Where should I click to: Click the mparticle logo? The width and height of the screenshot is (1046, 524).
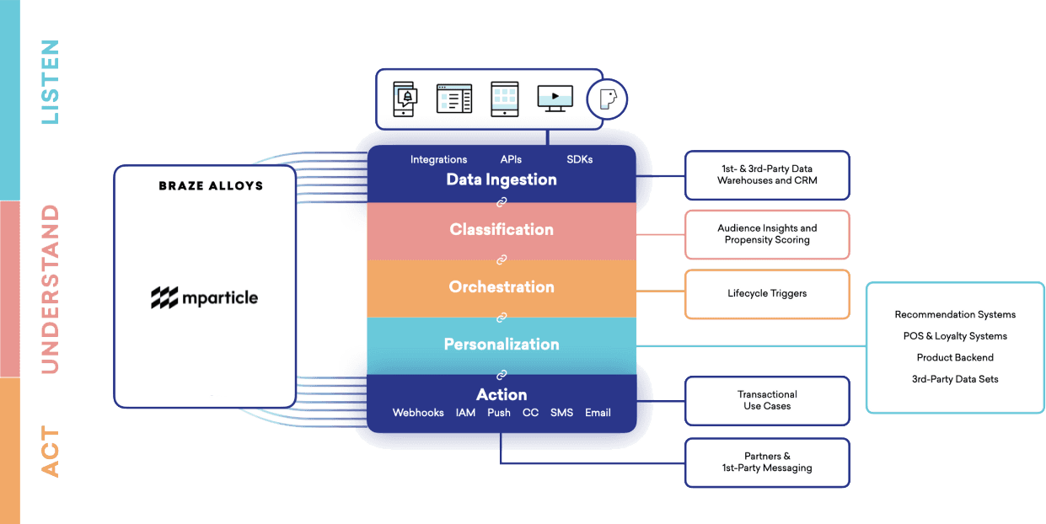(x=205, y=297)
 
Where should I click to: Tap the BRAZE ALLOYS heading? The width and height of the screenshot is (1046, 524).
(x=211, y=185)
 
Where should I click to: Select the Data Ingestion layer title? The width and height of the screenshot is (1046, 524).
(x=502, y=179)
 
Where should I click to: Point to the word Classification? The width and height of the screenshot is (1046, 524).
(x=502, y=229)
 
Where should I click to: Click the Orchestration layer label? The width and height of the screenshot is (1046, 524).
(x=502, y=286)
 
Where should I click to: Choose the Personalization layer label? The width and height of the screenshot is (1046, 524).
(x=502, y=344)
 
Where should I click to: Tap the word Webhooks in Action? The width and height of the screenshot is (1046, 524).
(x=418, y=413)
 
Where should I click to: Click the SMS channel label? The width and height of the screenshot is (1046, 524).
(x=561, y=413)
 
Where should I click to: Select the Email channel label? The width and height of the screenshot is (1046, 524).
(x=598, y=413)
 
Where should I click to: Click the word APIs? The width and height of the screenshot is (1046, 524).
(x=511, y=159)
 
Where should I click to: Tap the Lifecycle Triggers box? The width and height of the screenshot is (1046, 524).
(x=767, y=294)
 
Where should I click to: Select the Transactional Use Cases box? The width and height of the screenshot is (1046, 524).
(x=767, y=400)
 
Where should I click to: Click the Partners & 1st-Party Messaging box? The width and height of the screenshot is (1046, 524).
(x=767, y=463)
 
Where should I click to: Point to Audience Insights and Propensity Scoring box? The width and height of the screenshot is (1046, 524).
(x=767, y=234)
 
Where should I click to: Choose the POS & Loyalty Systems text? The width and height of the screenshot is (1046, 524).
(x=955, y=336)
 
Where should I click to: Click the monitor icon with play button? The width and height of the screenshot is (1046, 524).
(x=555, y=99)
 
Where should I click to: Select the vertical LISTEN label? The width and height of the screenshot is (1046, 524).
(x=51, y=83)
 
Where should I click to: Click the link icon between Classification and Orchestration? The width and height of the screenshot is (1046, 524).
(x=502, y=259)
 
